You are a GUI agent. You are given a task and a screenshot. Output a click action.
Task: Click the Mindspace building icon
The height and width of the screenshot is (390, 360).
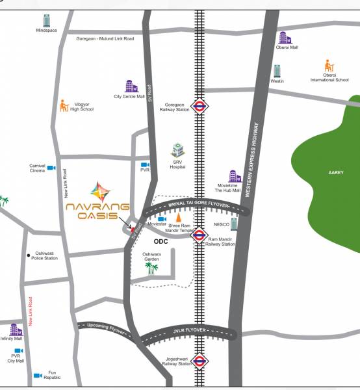[x=46, y=20]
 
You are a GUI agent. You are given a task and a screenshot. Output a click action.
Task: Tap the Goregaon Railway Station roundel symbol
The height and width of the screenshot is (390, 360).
[x=200, y=107]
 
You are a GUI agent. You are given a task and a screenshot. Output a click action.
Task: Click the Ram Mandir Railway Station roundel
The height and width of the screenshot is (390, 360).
[x=199, y=235]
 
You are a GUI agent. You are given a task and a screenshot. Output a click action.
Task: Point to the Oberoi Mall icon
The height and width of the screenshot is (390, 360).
[x=285, y=38]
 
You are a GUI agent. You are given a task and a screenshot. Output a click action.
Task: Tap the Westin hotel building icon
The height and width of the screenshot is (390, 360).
[x=277, y=71]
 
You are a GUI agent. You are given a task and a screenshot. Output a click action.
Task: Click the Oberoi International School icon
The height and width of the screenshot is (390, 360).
[x=329, y=66]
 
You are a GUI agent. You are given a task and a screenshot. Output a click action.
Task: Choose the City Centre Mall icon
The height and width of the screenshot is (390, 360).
[x=131, y=86]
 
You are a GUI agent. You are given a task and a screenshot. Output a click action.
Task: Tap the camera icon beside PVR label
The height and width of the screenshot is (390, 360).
[x=145, y=165]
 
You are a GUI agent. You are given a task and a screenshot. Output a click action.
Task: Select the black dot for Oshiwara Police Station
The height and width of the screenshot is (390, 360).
[x=29, y=255]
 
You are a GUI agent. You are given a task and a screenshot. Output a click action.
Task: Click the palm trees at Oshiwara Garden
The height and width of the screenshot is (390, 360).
[x=151, y=267]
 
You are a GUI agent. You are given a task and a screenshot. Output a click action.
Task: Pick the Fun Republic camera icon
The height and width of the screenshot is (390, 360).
[x=38, y=376]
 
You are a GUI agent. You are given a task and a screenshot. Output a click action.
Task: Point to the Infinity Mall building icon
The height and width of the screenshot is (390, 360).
[x=16, y=330]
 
